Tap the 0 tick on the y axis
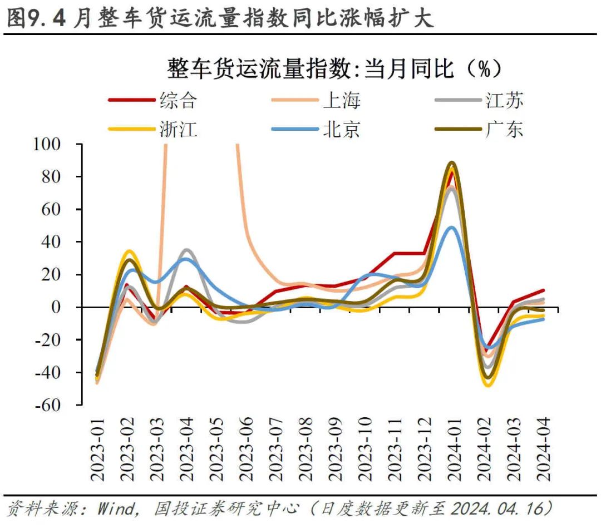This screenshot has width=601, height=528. click(63, 307)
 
